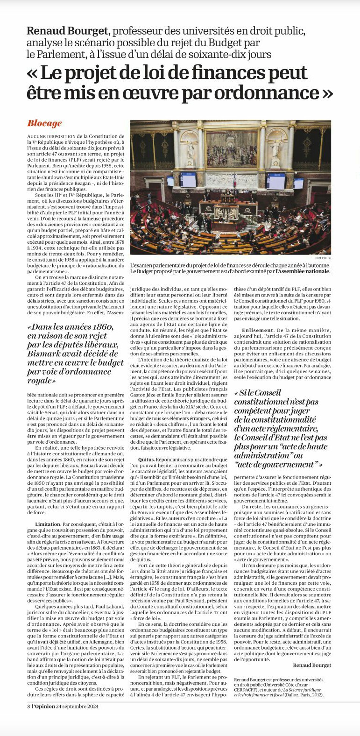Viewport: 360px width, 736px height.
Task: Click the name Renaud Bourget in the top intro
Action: click(x=67, y=31)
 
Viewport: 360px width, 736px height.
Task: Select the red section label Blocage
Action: click(x=44, y=123)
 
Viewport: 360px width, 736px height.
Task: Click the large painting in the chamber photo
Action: click(x=232, y=149)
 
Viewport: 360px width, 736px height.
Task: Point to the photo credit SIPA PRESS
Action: click(x=323, y=258)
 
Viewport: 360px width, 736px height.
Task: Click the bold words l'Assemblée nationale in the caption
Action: click(x=303, y=271)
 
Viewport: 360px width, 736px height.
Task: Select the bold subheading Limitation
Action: click(x=48, y=524)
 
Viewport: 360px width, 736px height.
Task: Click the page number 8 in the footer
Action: click(x=28, y=706)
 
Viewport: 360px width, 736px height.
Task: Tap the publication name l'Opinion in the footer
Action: click(x=44, y=706)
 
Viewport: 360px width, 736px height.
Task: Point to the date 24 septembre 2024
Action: click(x=78, y=706)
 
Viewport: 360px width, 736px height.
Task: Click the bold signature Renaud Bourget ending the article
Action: click(x=312, y=665)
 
